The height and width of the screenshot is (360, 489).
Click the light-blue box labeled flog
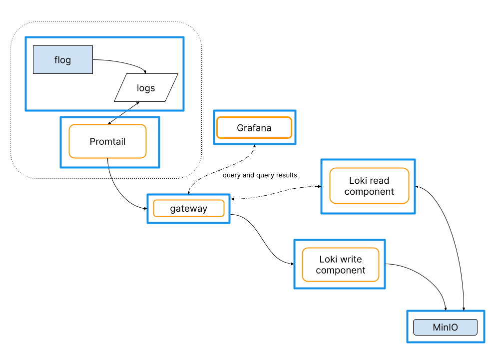pyautogui.click(x=63, y=60)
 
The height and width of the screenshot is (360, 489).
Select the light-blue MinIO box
pyautogui.click(x=445, y=328)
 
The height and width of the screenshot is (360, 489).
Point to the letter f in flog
pyautogui.click(x=56, y=60)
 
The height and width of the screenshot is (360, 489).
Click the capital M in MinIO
pyautogui.click(x=437, y=328)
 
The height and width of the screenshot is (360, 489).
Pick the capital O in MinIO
pyautogui.click(x=454, y=328)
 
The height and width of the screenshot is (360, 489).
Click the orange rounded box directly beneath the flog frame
pyautogui.click(x=107, y=141)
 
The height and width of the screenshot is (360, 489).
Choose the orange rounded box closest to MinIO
pyautogui.click(x=341, y=265)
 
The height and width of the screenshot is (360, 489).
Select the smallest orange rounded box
pyautogui.click(x=189, y=208)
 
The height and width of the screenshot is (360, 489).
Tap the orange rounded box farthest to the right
pyautogui.click(x=369, y=186)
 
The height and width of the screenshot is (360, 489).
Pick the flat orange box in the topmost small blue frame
pyautogui.click(x=254, y=127)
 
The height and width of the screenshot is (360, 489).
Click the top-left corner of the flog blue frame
pyautogui.click(x=26, y=37)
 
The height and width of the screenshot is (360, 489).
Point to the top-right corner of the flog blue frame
pyautogui.click(x=183, y=37)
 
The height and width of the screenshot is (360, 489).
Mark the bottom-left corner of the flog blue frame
pyautogui.click(x=26, y=110)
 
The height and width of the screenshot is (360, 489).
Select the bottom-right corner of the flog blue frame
pyautogui.click(x=183, y=110)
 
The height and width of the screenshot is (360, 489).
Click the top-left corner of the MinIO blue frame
pyautogui.click(x=408, y=311)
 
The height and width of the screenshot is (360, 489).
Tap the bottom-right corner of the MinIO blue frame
pyautogui.click(x=484, y=342)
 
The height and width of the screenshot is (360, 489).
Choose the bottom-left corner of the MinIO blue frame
pyautogui.click(x=408, y=342)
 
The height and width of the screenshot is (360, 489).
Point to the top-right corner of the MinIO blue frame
pyautogui.click(x=484, y=311)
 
